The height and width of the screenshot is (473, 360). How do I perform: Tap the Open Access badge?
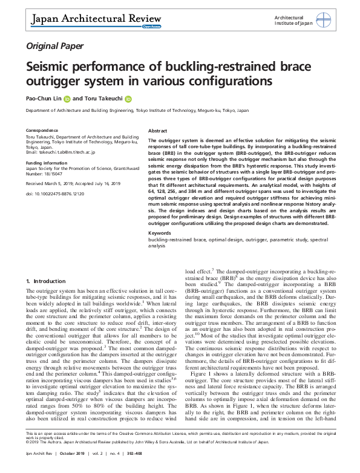[151, 27]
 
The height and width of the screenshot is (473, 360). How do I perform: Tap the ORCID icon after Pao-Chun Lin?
[67, 99]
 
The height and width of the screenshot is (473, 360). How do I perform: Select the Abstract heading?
[157, 131]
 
